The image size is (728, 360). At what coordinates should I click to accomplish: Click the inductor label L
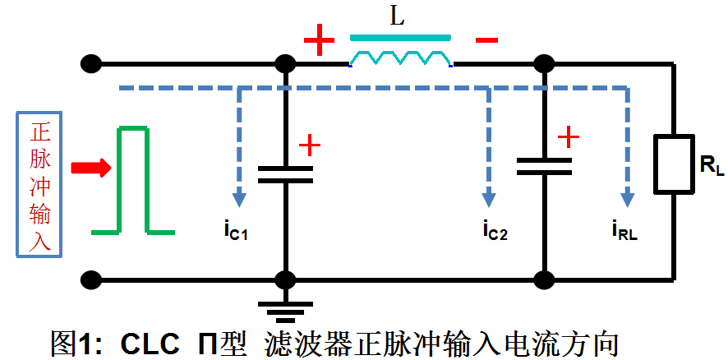(x=398, y=17)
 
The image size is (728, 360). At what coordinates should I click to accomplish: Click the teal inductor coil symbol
(x=401, y=58)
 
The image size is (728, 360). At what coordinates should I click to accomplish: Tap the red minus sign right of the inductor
(x=486, y=40)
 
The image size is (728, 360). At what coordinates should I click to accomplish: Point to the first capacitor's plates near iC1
(x=285, y=173)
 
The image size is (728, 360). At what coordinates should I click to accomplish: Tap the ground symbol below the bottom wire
(x=285, y=311)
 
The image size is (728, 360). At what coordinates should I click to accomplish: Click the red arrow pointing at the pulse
(x=90, y=168)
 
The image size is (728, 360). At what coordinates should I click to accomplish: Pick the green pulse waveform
(x=133, y=181)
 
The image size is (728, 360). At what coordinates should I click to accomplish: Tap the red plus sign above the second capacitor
(x=568, y=136)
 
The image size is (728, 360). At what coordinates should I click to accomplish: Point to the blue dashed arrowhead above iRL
(x=629, y=198)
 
